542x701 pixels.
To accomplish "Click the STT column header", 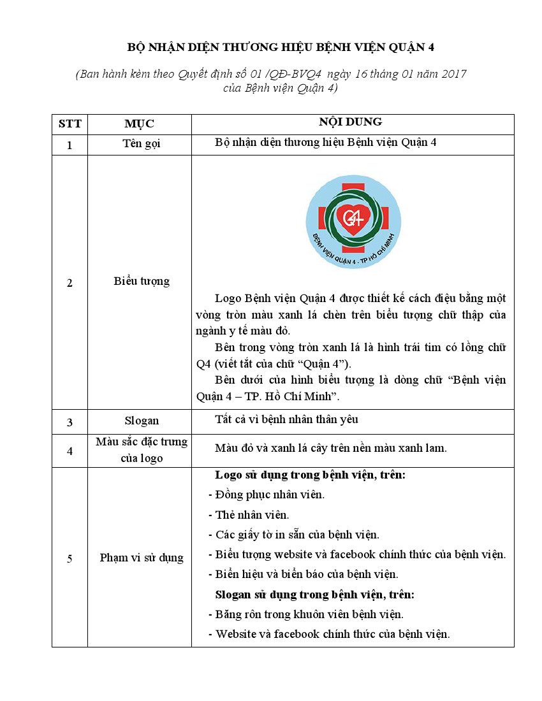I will click(70, 124).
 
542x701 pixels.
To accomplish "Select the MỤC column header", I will click(139, 124).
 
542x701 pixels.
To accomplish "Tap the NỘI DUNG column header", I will click(350, 122).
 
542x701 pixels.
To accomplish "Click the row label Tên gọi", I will click(141, 144).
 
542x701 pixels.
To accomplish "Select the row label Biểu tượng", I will click(141, 281).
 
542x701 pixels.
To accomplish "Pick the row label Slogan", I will click(141, 421).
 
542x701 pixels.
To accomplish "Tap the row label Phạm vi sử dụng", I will click(141, 558).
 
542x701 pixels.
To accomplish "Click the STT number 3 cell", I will click(70, 422).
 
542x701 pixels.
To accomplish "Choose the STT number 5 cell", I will click(70, 559).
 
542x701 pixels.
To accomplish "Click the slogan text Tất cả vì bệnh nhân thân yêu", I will click(286, 419).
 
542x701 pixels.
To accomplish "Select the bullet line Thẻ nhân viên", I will click(252, 515).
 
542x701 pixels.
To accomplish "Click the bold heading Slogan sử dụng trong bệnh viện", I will click(314, 595).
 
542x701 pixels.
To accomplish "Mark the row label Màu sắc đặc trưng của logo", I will click(141, 450).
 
